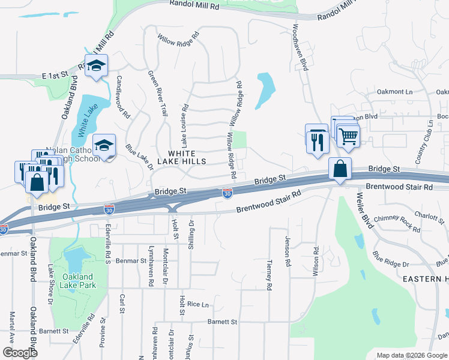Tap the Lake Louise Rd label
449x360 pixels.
click(185, 127)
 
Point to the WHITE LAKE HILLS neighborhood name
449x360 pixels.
click(182, 158)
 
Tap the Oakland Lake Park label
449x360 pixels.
click(77, 281)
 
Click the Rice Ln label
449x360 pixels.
click(196, 304)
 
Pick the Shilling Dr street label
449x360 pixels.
click(191, 230)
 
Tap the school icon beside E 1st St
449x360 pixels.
click(95, 66)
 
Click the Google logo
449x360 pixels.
click(20, 353)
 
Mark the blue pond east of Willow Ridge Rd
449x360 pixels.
click(265, 89)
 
